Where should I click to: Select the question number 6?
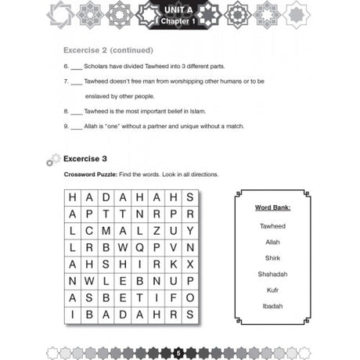tap(66, 67)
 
